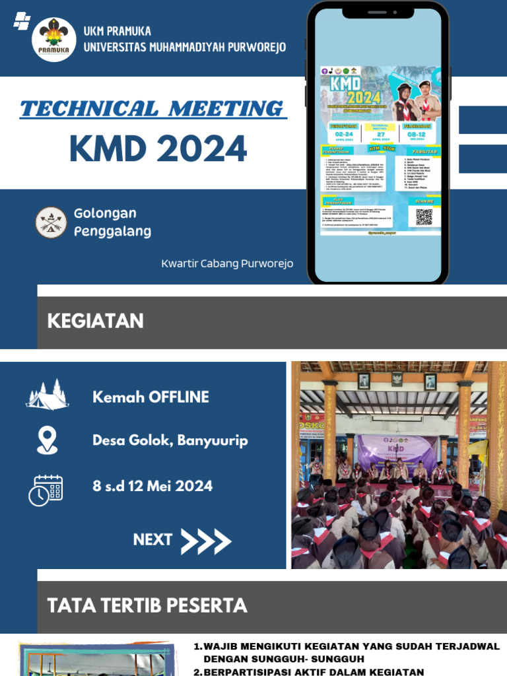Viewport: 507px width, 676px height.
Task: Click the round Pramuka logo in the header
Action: [x=54, y=39]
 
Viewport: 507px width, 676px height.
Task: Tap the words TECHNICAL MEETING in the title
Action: [x=153, y=108]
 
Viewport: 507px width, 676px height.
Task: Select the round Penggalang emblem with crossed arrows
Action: [x=51, y=222]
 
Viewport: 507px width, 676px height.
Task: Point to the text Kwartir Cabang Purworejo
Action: [x=227, y=263]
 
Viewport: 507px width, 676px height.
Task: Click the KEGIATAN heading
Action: [x=96, y=321]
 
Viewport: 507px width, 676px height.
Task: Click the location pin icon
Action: [x=47, y=440]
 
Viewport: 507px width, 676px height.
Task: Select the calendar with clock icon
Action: [x=46, y=490]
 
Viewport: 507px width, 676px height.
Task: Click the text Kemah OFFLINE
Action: [x=151, y=397]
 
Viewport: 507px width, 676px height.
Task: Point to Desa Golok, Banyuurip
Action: [x=170, y=440]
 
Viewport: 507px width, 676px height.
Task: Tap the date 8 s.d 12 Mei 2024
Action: [x=152, y=487]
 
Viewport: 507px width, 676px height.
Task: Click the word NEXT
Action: [x=152, y=539]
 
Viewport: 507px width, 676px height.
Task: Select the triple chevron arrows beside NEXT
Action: [x=206, y=541]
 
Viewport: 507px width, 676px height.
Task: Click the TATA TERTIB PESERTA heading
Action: [x=147, y=605]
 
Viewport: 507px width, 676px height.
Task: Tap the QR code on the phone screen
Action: [x=424, y=217]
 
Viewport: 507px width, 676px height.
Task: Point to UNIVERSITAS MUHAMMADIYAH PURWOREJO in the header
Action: [x=185, y=47]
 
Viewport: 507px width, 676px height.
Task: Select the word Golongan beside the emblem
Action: [x=106, y=213]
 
